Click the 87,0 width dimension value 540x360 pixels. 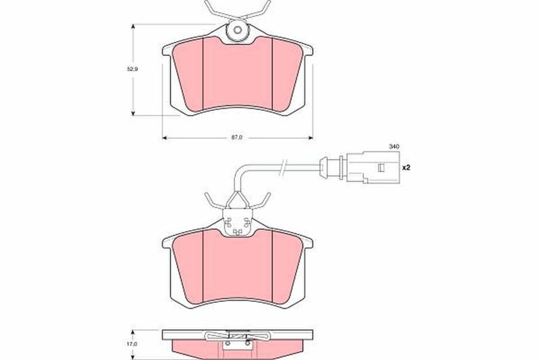[236, 137]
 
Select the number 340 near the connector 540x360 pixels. [394, 147]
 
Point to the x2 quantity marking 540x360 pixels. [406, 167]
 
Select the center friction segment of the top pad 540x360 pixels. [236, 74]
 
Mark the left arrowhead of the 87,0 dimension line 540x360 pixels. [165, 137]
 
